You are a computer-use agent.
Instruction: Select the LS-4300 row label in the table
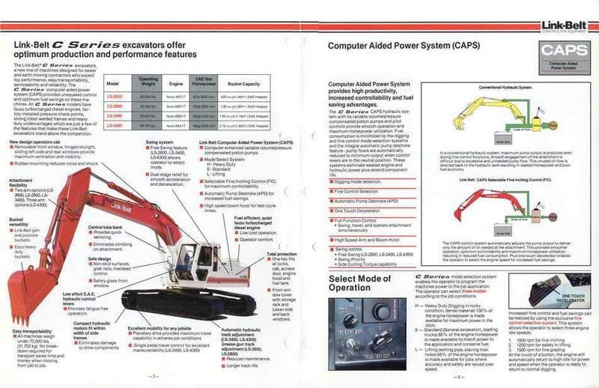tap(115, 125)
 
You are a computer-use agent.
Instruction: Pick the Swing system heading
tap(161, 142)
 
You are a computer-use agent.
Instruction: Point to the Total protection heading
tap(282, 255)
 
